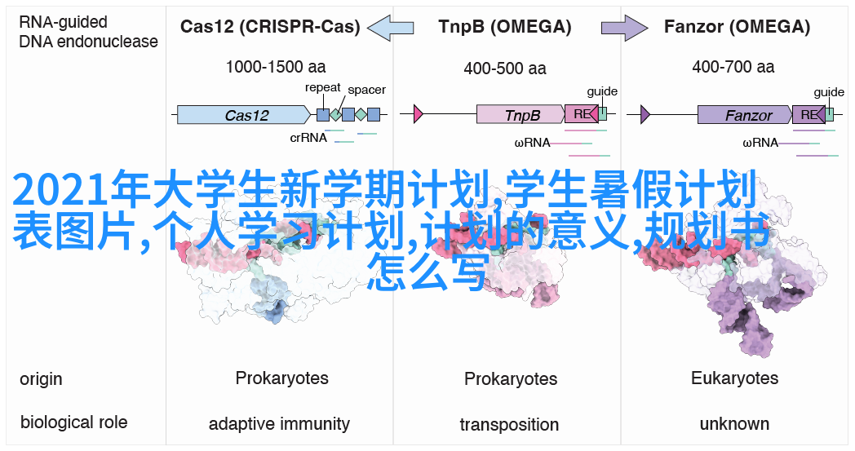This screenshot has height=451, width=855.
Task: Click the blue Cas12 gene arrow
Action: pos(246,115)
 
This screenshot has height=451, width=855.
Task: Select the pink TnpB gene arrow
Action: pos(521,115)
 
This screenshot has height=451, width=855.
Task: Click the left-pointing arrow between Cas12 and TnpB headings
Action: pos(391,29)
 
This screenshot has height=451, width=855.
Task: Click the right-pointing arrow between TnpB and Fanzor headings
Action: pos(624,29)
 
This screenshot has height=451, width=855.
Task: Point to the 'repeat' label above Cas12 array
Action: pos(323,87)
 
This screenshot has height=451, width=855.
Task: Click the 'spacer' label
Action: pos(366,90)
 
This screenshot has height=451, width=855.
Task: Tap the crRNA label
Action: pos(308,138)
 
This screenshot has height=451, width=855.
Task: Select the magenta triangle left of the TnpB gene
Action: pos(419,114)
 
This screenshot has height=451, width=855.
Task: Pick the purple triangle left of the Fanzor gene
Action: pos(645,114)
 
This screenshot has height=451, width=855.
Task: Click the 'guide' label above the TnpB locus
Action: pos(602,91)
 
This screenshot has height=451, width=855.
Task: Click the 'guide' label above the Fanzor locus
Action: pos(829,92)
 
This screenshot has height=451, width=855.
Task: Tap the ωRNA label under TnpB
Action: pos(532,143)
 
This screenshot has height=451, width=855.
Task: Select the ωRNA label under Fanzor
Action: pos(760,143)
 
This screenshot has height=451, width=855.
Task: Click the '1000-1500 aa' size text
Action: pos(277,69)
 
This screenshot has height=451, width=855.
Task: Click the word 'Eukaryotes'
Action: pos(734,378)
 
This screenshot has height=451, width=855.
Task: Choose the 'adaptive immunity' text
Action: pos(279,424)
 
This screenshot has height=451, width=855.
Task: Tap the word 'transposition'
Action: pos(509,425)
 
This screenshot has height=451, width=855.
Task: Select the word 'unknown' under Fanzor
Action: pos(734,424)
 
